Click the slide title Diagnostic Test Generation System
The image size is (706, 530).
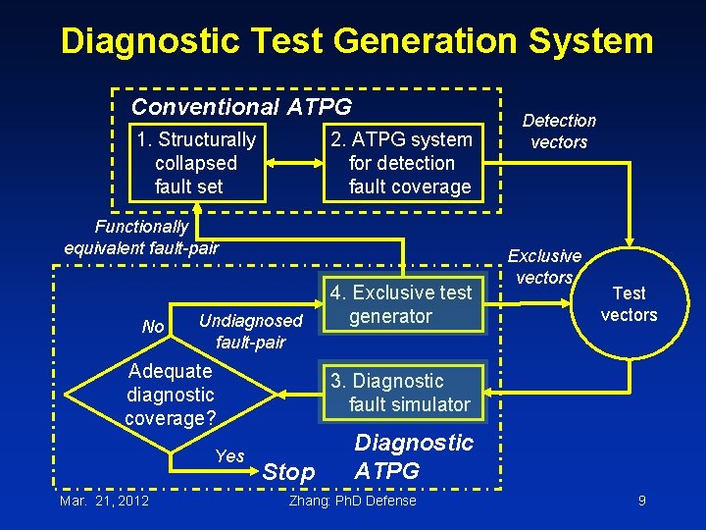[x=356, y=41]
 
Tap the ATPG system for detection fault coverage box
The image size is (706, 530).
[x=403, y=163]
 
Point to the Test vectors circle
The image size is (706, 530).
[x=629, y=304]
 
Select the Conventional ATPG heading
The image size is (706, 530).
[x=241, y=106]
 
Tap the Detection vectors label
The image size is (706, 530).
[x=559, y=131]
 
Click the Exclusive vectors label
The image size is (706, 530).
[x=544, y=266]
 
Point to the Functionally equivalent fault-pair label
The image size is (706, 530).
[x=141, y=237]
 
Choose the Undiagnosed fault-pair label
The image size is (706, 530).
[x=250, y=331]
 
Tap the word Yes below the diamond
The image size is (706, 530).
[x=229, y=455]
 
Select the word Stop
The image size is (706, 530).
[x=289, y=472]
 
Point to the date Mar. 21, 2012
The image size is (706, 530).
[x=104, y=501]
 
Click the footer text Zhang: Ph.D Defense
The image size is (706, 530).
[x=353, y=501]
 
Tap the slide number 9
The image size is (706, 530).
[x=641, y=501]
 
